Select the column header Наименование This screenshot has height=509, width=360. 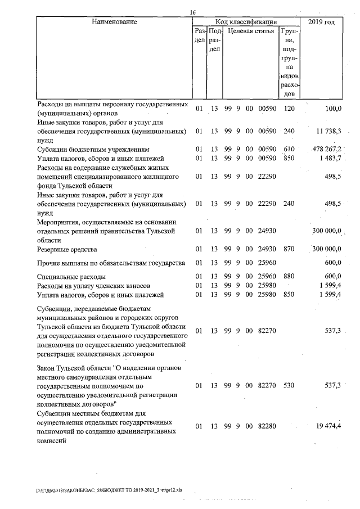coord(115,22)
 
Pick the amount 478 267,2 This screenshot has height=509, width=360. coord(327,150)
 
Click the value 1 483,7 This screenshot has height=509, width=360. coord(329,159)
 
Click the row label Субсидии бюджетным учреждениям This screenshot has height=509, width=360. coord(92,150)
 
